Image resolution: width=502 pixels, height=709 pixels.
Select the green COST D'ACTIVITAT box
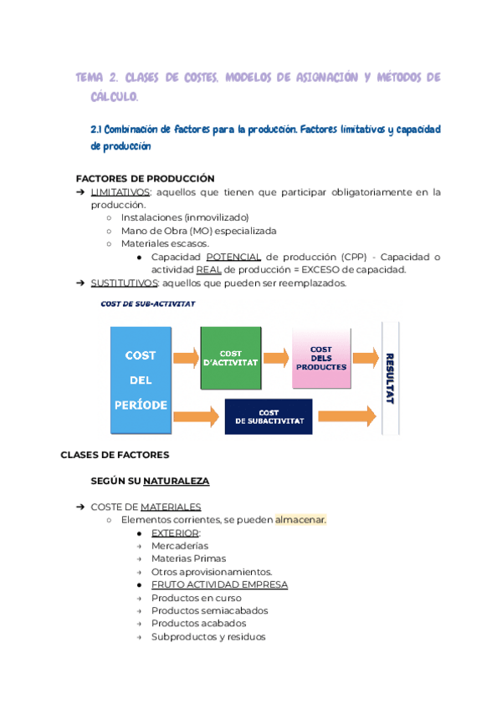pyautogui.click(x=230, y=358)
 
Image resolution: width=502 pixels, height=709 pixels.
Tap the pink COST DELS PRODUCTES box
pyautogui.click(x=320, y=358)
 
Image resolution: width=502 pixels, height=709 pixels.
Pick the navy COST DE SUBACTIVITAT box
pyautogui.click(x=269, y=416)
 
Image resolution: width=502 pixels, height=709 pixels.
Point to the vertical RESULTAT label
pyautogui.click(x=389, y=378)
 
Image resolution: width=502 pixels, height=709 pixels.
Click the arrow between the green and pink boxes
pyautogui.click(x=276, y=358)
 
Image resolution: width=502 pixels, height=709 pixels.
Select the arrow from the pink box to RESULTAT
pyautogui.click(x=364, y=358)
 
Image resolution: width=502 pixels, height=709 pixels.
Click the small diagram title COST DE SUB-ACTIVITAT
pyautogui.click(x=147, y=304)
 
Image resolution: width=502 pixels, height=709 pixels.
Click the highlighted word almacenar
pyautogui.click(x=300, y=519)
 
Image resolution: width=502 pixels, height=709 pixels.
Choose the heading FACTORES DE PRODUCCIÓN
pyautogui.click(x=145, y=178)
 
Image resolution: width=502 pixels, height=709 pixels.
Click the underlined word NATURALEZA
pyautogui.click(x=176, y=482)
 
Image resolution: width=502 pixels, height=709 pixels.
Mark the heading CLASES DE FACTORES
pyautogui.click(x=115, y=455)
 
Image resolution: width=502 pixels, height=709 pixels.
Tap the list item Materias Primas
pyautogui.click(x=188, y=559)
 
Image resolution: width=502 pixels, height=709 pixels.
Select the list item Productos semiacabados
pyautogui.click(x=197, y=610)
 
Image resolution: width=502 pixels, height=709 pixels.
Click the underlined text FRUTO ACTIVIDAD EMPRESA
pyautogui.click(x=219, y=584)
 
